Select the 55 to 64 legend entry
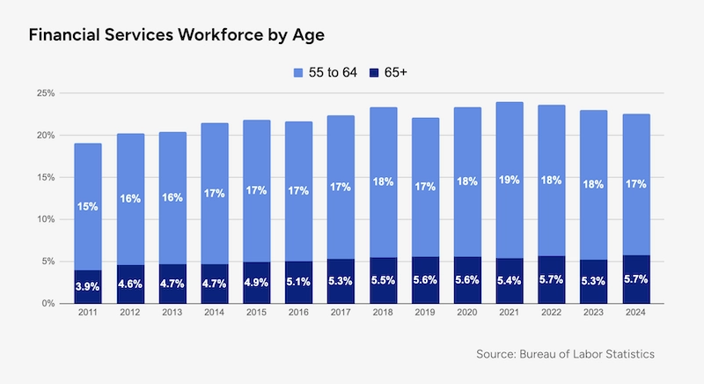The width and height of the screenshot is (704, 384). [x=326, y=71]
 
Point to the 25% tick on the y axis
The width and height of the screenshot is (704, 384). [x=44, y=93]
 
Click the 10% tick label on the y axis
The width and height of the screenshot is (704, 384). [x=44, y=219]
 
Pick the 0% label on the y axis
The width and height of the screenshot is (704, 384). [x=47, y=304]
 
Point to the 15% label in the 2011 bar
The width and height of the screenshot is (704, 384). [x=87, y=206]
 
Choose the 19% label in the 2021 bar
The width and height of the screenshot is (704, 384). [x=510, y=181]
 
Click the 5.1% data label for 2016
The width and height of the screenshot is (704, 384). [x=298, y=284]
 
